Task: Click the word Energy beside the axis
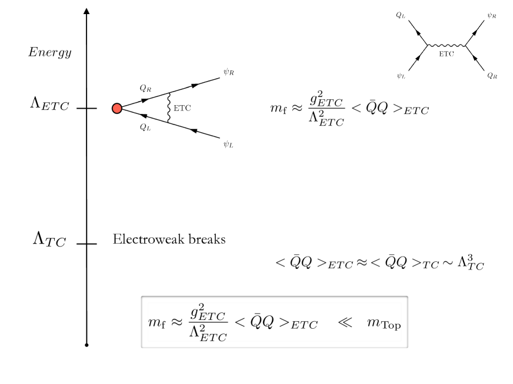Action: (50, 53)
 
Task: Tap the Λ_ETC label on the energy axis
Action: (49, 105)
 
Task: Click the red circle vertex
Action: (117, 108)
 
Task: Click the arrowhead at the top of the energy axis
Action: (87, 11)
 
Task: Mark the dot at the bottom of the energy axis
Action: (87, 345)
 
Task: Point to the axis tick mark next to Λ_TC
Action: (87, 244)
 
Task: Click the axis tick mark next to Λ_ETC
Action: (87, 109)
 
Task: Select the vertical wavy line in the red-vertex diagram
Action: (169, 108)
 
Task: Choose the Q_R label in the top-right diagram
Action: (491, 76)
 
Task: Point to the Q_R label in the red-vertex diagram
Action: (145, 88)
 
